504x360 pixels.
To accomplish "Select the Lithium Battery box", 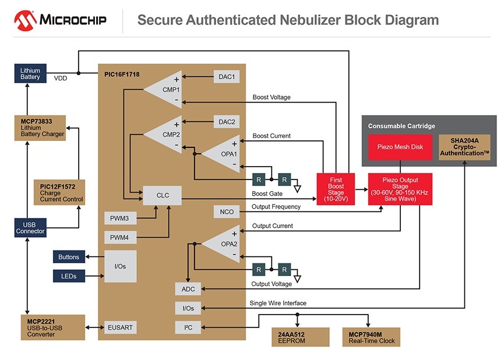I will (30, 73).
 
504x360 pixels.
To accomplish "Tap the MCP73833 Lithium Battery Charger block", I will (40, 128).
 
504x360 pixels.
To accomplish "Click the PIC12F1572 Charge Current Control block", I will (59, 192).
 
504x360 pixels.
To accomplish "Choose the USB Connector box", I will (30, 227).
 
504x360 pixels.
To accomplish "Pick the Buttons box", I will (69, 256).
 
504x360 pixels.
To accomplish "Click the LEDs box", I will (69, 276).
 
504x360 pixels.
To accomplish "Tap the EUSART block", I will (120, 327).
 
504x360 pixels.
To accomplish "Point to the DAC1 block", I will (227, 76).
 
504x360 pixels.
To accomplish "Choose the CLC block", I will (163, 195).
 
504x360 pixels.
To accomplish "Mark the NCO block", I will (227, 212).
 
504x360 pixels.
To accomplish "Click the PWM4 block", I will (120, 238).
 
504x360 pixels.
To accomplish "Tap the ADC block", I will (188, 289).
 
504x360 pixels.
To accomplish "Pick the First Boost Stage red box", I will (336, 190).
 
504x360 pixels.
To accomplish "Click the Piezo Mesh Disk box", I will (400, 148).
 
